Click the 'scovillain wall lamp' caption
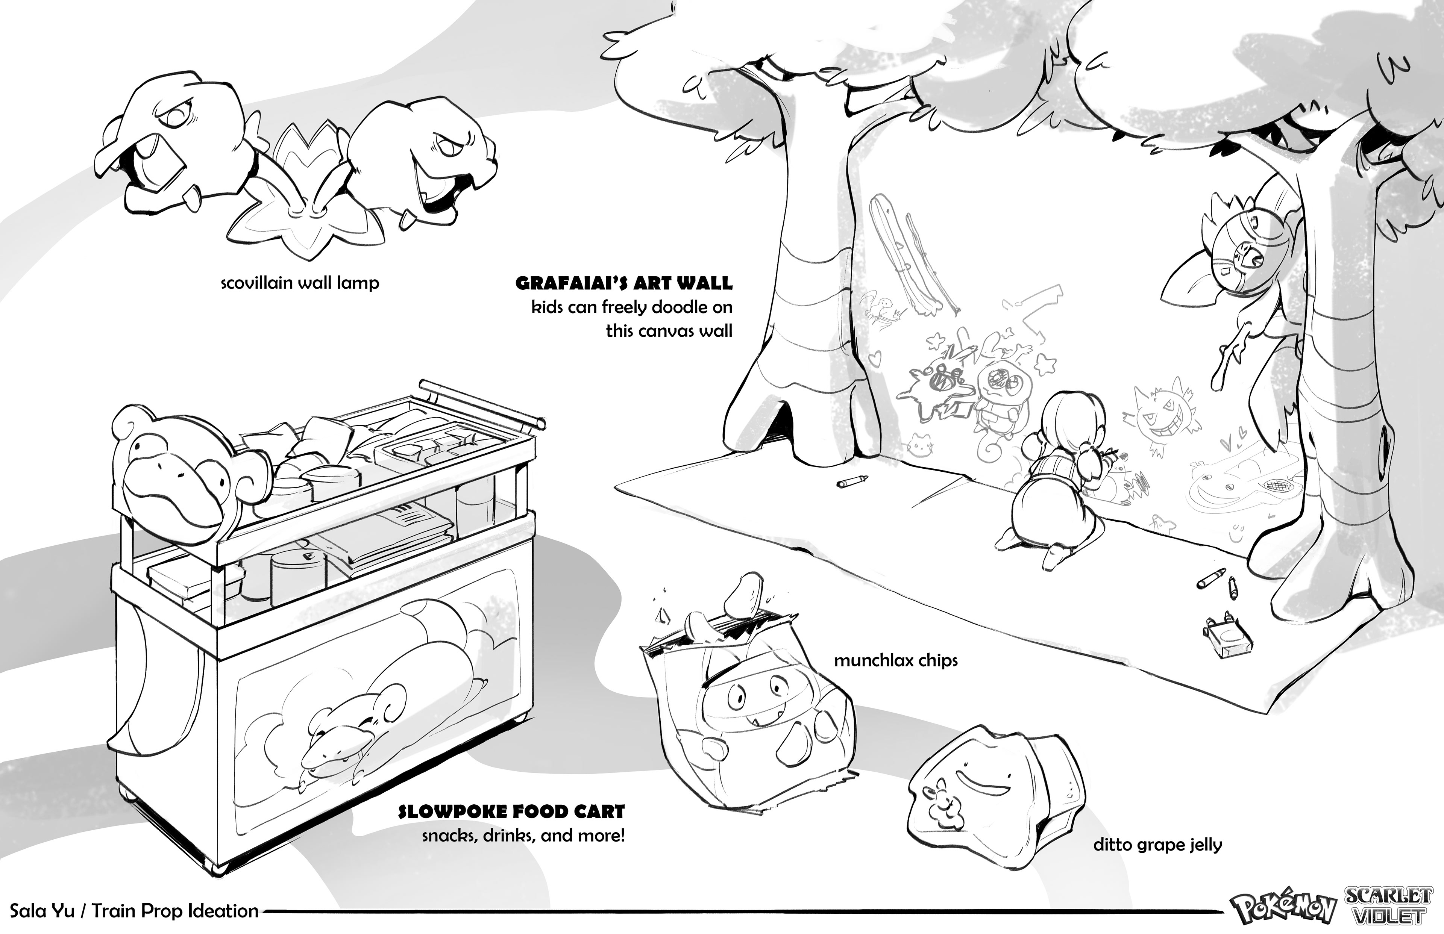300,283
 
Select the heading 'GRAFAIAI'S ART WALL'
624,283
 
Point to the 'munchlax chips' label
895,660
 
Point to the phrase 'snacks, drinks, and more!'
523,836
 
